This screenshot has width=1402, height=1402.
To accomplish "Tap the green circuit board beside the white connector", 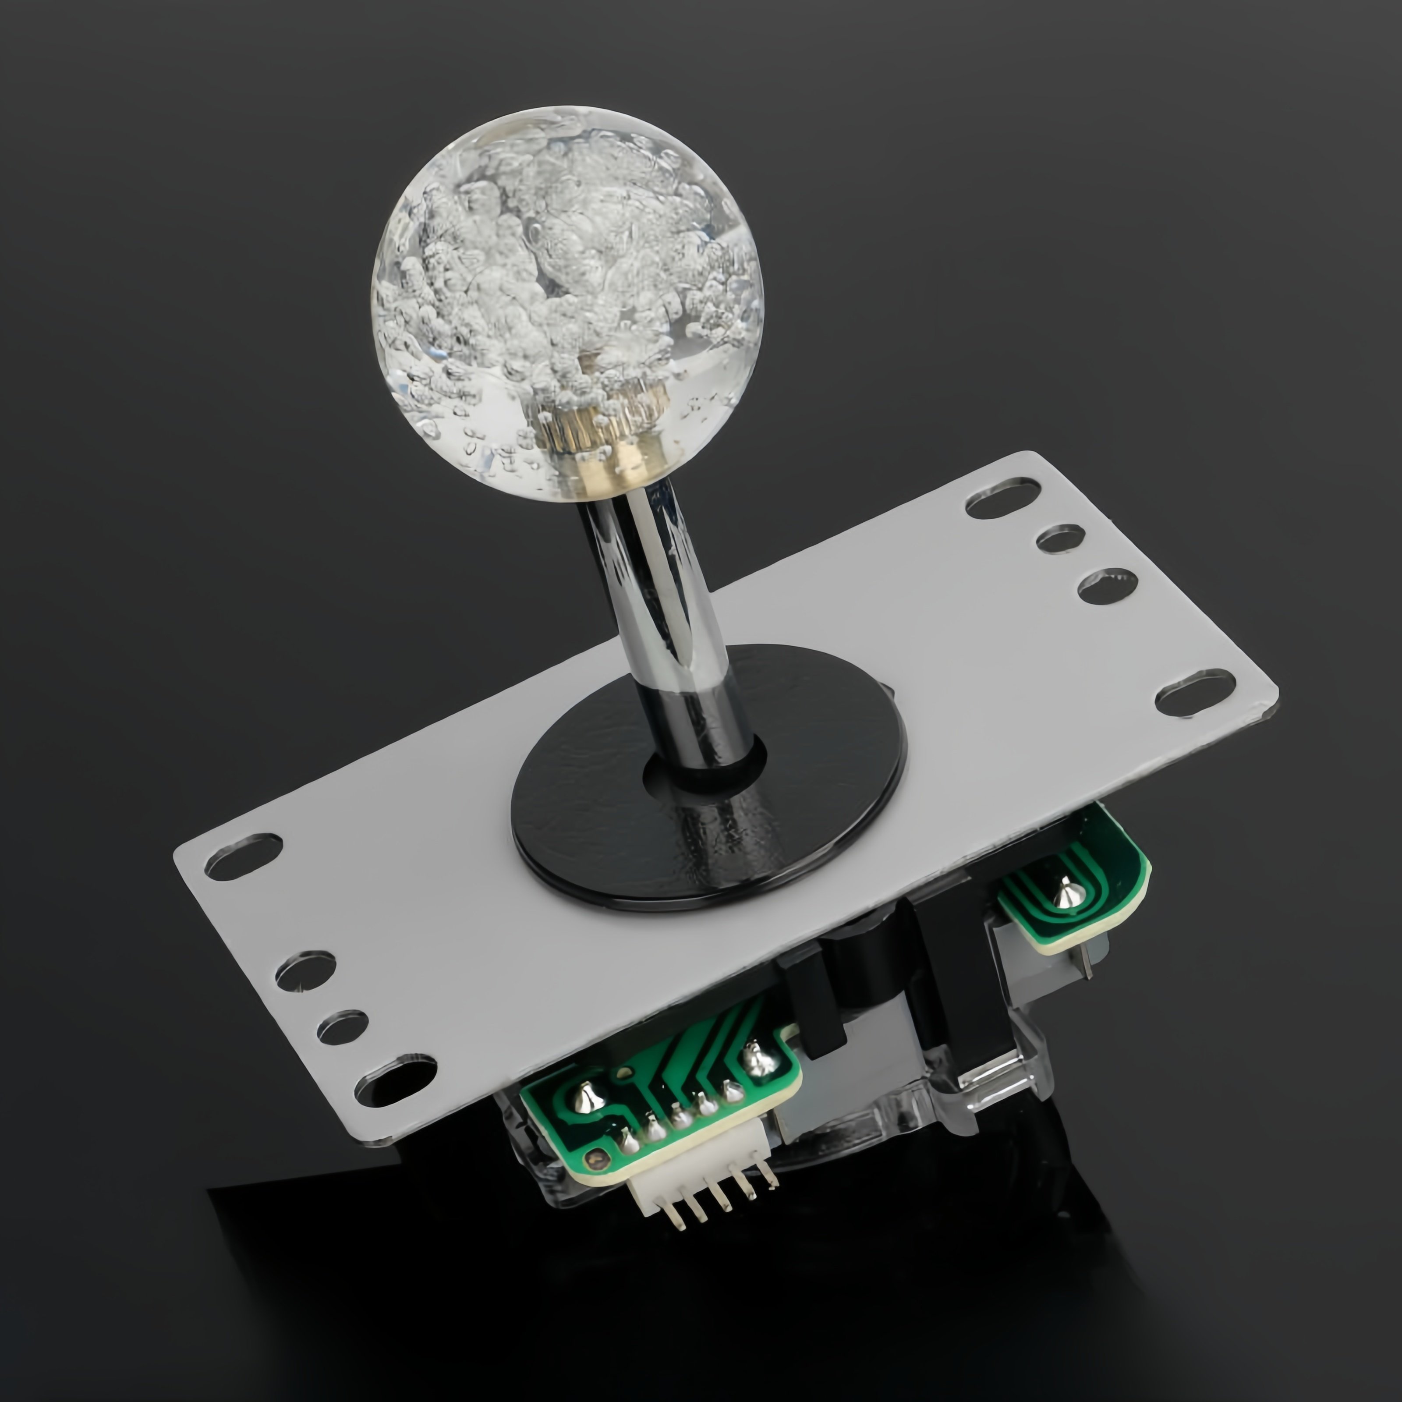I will click(x=653, y=1103).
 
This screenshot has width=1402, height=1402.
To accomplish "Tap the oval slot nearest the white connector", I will click(x=396, y=1084).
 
